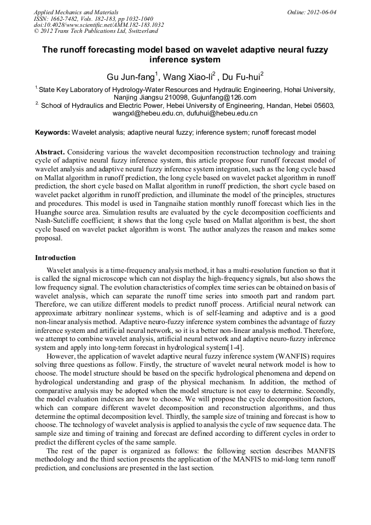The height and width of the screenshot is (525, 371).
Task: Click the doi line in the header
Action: pos(98,25)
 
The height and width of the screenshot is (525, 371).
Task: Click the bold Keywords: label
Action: pos(53,132)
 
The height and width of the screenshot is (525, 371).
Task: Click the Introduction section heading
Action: pos(55,257)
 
